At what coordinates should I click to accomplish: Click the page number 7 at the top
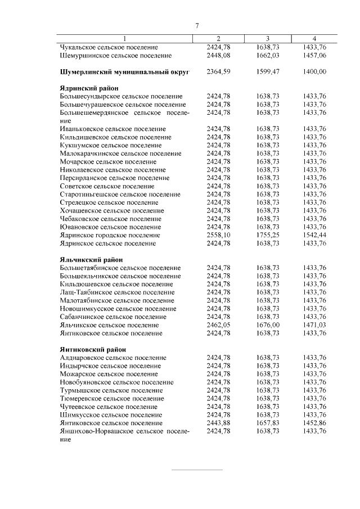click(x=197, y=26)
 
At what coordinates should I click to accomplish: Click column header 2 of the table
click(x=218, y=38)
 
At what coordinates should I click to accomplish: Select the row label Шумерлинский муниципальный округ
click(x=124, y=72)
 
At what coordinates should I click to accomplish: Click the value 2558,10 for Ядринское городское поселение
click(x=218, y=235)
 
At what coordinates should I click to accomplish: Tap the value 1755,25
click(x=268, y=235)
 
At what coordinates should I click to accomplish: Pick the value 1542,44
click(x=314, y=235)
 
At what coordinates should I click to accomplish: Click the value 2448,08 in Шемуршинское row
click(x=218, y=56)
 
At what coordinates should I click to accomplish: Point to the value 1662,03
click(x=268, y=56)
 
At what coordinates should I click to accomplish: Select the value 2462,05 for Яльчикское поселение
click(x=218, y=325)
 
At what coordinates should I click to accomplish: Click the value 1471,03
click(x=314, y=325)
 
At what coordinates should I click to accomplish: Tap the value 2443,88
click(x=218, y=423)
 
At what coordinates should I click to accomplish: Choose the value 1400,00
click(x=314, y=72)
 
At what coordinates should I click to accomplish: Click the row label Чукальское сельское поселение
click(x=109, y=48)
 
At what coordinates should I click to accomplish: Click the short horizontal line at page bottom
click(x=197, y=469)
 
